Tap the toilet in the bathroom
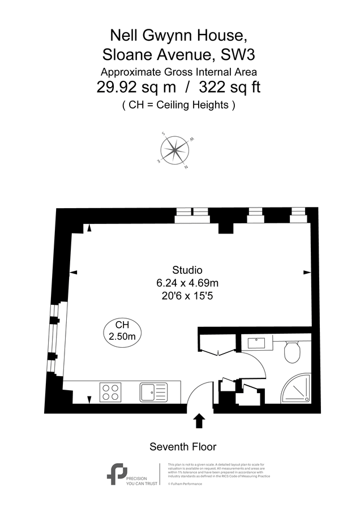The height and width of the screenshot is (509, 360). click(292, 352)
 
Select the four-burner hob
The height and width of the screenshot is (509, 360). click(111, 392)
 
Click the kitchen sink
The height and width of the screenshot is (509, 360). click(153, 391)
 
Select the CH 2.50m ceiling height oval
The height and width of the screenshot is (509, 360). click(122, 331)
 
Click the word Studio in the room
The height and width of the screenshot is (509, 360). click(187, 270)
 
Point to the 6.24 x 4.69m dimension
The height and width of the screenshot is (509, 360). click(187, 282)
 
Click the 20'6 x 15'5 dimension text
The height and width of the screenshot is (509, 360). click(187, 294)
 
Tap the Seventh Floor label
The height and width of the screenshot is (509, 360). click(183, 447)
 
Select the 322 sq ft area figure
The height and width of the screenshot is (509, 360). click(226, 88)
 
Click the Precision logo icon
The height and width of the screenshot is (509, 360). click(117, 473)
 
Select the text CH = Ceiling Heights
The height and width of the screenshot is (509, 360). click(179, 105)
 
